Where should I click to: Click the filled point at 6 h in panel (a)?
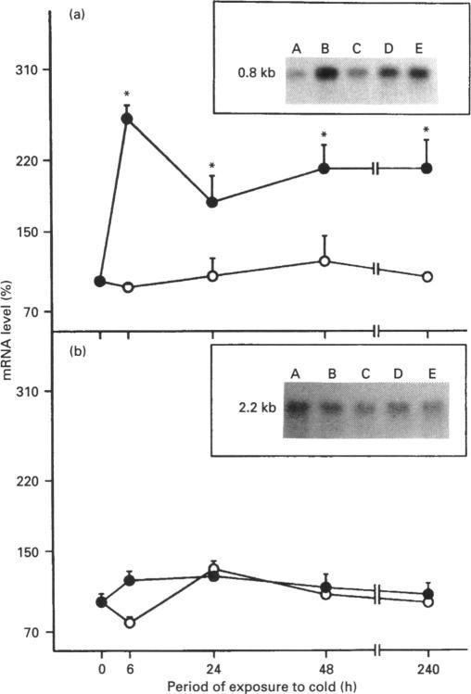[128, 119]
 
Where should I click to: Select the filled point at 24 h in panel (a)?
[212, 202]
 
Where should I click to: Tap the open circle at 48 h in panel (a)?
[324, 261]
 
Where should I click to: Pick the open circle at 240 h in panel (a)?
[427, 276]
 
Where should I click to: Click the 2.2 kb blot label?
[255, 407]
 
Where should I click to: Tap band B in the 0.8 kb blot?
[327, 71]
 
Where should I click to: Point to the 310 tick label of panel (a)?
[26, 71]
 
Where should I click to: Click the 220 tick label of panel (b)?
[26, 482]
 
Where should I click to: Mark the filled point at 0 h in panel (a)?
[100, 281]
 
